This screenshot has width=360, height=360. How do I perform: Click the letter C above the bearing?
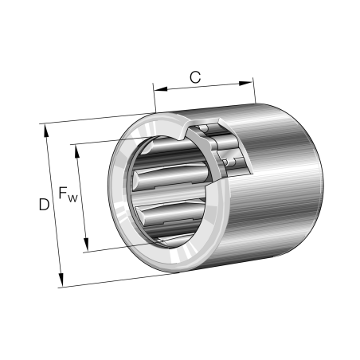pos(194,76)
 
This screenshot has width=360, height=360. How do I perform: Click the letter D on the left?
pos(45,205)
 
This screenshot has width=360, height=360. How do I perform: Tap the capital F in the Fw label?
pos(63,194)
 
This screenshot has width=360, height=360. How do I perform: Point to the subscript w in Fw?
pos(73,198)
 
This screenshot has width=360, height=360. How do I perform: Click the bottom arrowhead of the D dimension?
pos(61,282)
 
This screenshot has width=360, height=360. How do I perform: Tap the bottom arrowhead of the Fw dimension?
pos(86,248)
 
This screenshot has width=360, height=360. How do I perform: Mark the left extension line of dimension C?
pos(154,99)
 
